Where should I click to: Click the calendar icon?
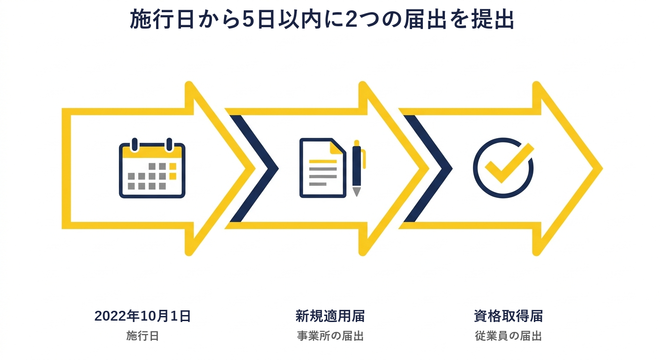[x=152, y=168]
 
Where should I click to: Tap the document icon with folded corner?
[x=322, y=168]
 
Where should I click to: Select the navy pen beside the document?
[x=357, y=168]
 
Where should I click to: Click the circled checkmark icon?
[x=503, y=168]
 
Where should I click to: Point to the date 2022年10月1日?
[x=142, y=316]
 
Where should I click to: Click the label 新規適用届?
[x=330, y=316]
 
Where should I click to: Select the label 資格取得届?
[x=508, y=316]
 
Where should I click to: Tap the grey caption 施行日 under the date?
[x=142, y=336]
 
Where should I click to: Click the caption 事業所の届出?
[x=330, y=336]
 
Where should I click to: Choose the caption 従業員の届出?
[x=508, y=336]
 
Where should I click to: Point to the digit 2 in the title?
[x=351, y=20]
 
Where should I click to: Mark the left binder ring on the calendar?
[x=135, y=144]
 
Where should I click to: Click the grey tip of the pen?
[x=357, y=192]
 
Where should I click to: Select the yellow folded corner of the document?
[x=336, y=147]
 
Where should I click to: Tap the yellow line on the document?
[x=322, y=161]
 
